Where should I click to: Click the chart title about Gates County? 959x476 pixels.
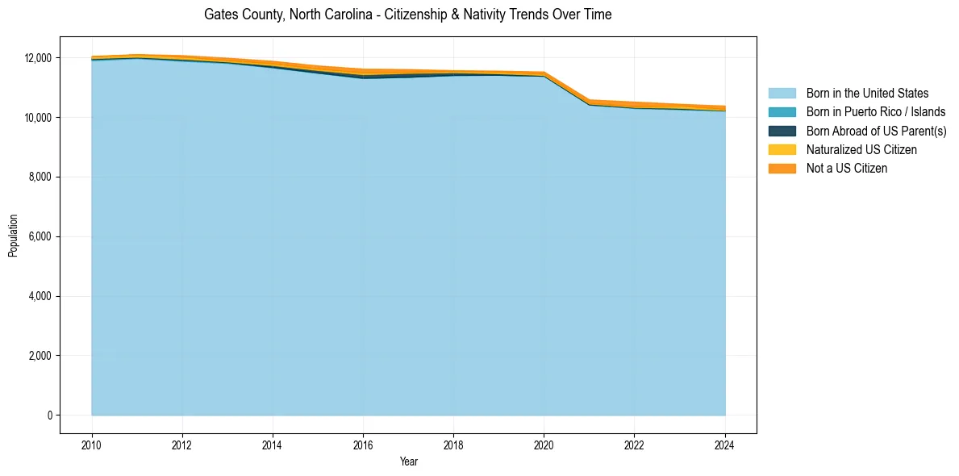pyautogui.click(x=407, y=15)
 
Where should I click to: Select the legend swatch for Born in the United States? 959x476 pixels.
pyautogui.click(x=782, y=94)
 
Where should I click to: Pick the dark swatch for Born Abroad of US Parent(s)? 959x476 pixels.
pyautogui.click(x=782, y=131)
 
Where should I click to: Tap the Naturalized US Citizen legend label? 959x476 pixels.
pyautogui.click(x=861, y=150)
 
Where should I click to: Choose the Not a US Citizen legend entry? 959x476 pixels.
pyautogui.click(x=846, y=169)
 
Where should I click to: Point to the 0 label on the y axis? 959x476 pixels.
pyautogui.click(x=49, y=415)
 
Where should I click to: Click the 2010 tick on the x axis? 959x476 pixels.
pyautogui.click(x=92, y=443)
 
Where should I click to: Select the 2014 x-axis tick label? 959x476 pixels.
pyautogui.click(x=273, y=443)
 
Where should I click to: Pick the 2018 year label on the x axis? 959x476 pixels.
pyautogui.click(x=453, y=443)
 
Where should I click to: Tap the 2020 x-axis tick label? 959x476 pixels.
pyautogui.click(x=544, y=443)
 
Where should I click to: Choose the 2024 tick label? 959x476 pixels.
pyautogui.click(x=725, y=443)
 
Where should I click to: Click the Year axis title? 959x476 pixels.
pyautogui.click(x=408, y=461)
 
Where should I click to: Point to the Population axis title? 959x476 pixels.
pyautogui.click(x=13, y=236)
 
